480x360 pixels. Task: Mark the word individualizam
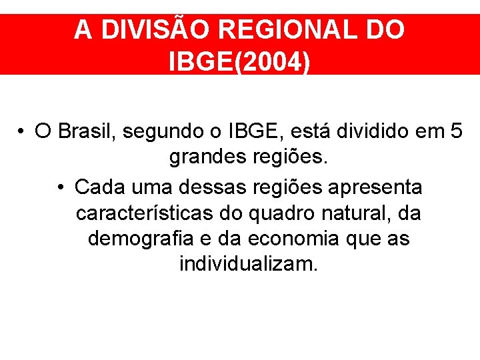(x=249, y=264)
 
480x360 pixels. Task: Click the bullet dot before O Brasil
(x=23, y=131)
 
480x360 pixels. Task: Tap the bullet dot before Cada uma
(x=61, y=187)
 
